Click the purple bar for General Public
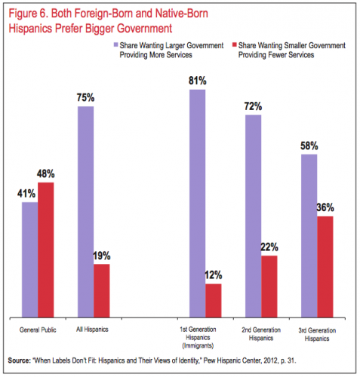30,259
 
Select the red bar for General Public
46,250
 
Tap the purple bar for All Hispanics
86,212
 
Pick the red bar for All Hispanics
102,291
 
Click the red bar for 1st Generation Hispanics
214,301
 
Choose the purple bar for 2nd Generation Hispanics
254,216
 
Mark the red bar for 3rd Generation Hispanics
325,267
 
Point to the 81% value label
198,81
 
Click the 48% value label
46,173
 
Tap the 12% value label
214,275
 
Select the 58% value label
309,146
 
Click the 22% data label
269,247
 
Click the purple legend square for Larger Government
115,44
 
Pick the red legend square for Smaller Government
235,44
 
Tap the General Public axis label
38,329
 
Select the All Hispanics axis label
92,329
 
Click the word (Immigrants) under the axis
198,346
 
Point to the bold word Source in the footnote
19,360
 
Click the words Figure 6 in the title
29,14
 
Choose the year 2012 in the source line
271,360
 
